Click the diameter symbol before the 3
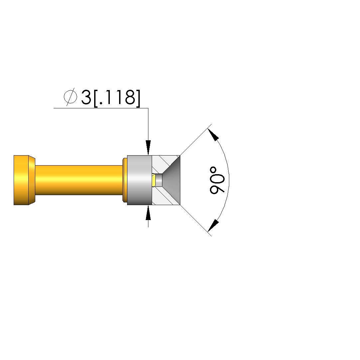tap(70, 97)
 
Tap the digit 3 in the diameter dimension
tap(86, 97)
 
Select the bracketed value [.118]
tap(117, 98)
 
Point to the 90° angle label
tap(217, 180)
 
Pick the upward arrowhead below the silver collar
tap(148, 213)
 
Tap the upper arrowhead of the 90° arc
tap(213, 135)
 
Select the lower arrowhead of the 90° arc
tap(213, 226)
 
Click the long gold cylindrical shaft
tap(79, 180)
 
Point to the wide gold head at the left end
tap(21, 180)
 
